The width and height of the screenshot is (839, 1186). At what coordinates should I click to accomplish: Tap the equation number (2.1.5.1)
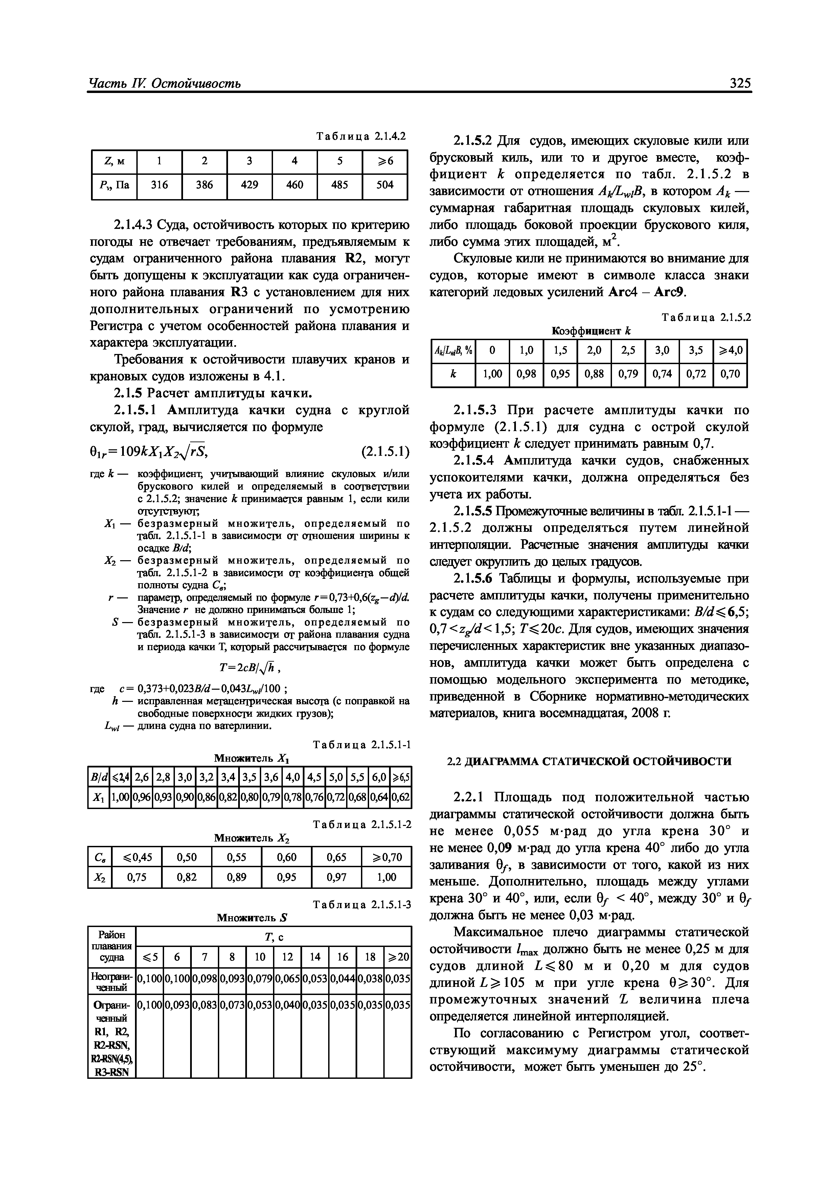386,452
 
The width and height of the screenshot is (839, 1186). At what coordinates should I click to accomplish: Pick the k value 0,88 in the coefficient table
594,374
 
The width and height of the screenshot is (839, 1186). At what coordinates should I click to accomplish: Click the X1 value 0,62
401,798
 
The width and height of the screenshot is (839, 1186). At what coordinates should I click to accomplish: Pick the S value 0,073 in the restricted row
232,1005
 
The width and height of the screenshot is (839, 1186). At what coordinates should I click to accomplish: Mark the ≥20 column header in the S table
397,957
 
